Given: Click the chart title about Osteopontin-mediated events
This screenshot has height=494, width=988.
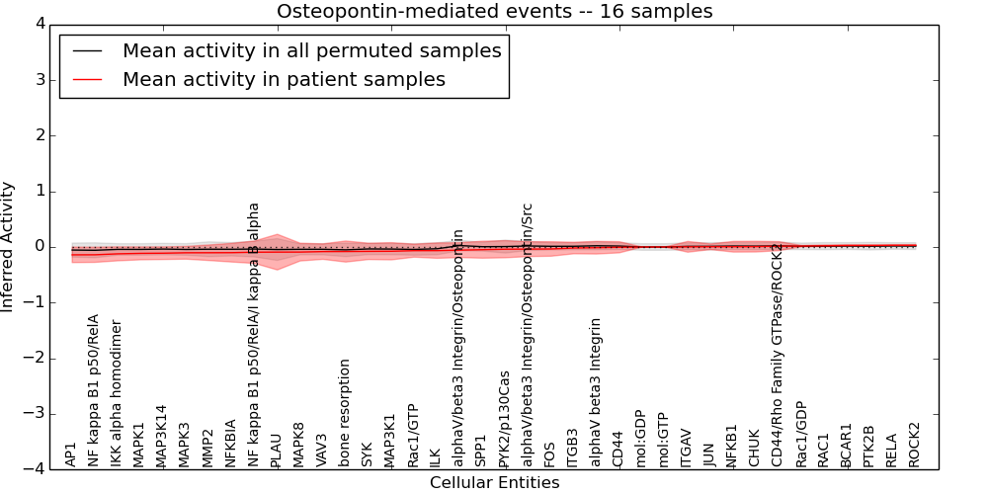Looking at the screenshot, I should coord(494,12).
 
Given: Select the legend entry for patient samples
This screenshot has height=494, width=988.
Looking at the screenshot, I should coord(284,79).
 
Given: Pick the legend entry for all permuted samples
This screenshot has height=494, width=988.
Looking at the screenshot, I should coord(311,50).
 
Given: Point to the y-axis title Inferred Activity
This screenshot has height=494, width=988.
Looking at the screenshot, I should coord(9,246).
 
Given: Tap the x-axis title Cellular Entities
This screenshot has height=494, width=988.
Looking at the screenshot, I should coord(494,483).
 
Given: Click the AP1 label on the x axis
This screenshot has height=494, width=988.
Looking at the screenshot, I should coord(71,454).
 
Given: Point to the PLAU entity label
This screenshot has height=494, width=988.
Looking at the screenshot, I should coord(277,450).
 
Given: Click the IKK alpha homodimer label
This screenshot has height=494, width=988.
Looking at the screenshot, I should coord(117,393).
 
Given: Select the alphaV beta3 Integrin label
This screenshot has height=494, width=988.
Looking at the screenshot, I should coord(596,392).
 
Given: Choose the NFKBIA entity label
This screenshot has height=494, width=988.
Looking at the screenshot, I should coord(230,443).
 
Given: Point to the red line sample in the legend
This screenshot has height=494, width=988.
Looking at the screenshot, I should coord(90,80).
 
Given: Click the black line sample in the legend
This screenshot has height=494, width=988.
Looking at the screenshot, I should coord(90,51).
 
